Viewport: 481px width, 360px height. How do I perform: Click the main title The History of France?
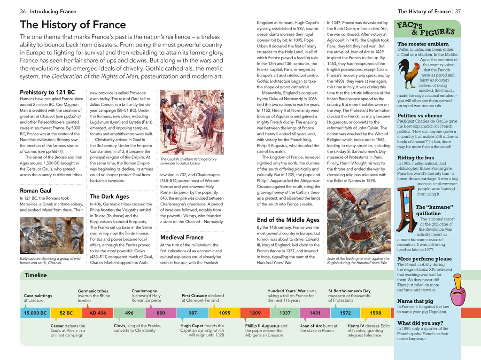click(x=73, y=25)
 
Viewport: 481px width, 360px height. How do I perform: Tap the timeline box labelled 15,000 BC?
click(x=36, y=313)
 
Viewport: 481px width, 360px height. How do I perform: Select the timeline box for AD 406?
click(x=98, y=313)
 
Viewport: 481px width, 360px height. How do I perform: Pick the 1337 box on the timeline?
click(x=285, y=313)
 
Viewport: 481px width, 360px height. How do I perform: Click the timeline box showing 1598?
click(x=375, y=313)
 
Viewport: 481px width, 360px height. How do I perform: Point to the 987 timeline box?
click(x=193, y=313)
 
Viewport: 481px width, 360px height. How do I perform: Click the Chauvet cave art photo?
click(x=51, y=235)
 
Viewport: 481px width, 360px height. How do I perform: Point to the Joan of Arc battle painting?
click(x=358, y=221)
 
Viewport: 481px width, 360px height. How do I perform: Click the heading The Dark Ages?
click(x=109, y=196)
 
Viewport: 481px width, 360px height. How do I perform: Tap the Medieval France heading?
click(x=182, y=237)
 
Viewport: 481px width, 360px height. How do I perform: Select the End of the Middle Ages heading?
click(x=288, y=219)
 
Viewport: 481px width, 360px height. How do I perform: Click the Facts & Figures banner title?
click(x=426, y=29)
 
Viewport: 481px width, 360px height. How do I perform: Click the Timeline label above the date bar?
click(x=36, y=275)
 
